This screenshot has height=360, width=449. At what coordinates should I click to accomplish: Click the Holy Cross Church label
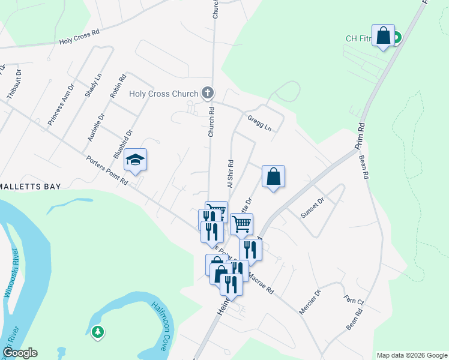[x=163, y=94]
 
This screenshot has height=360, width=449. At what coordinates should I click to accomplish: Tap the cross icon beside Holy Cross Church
[x=208, y=93]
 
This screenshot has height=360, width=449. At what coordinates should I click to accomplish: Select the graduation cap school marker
[x=135, y=160]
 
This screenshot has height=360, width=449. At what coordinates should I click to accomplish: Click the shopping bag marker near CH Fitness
[x=384, y=36]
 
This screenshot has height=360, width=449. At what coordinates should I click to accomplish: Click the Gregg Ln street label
[x=259, y=124]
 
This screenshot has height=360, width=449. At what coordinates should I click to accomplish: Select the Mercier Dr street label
[x=310, y=301]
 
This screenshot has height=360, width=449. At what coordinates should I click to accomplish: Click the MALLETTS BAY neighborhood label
[x=30, y=187]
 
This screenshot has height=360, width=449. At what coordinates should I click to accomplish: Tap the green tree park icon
[x=98, y=331]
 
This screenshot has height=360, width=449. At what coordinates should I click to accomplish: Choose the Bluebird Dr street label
[x=122, y=145]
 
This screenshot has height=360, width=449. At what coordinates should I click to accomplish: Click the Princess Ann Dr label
[x=62, y=103]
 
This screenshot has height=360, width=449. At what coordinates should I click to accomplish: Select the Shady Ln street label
[x=94, y=85]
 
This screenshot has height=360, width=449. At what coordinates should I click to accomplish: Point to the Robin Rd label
[x=118, y=86]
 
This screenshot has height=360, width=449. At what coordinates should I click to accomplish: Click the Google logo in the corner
[x=20, y=353]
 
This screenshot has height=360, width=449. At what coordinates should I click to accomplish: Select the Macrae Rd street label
[x=261, y=281]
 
